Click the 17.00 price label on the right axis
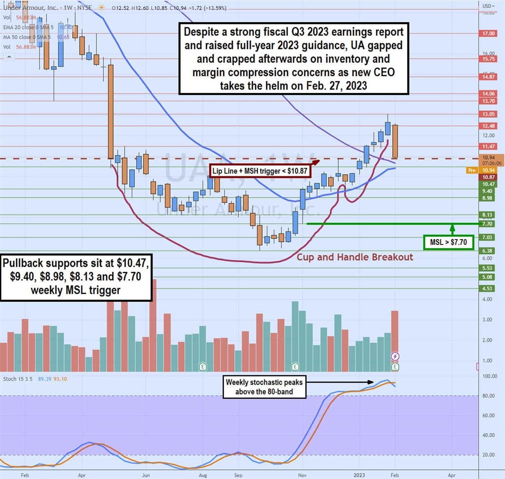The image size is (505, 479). [488, 33]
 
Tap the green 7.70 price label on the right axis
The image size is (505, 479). [487, 223]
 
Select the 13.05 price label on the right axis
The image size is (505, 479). [488, 114]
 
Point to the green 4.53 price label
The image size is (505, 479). [487, 289]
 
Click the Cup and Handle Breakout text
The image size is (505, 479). [355, 257]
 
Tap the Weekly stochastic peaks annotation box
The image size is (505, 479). [265, 388]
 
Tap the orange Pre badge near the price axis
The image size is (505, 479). [471, 171]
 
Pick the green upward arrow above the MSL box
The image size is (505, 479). [452, 227]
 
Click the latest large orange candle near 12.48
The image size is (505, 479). [395, 141]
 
